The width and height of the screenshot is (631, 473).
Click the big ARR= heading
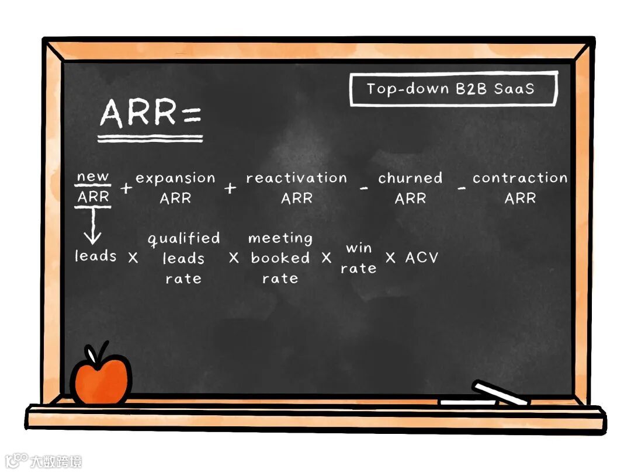[x=150, y=114]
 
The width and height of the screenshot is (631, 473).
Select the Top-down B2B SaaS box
[x=453, y=89]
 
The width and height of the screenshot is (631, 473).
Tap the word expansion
[x=175, y=178]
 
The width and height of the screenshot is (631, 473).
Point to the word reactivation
[x=296, y=178]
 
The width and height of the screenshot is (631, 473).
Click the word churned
[x=410, y=178]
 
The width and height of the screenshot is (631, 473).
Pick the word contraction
[x=519, y=178]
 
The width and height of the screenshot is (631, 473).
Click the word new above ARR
[x=93, y=176]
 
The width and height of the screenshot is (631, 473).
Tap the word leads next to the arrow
[x=95, y=256]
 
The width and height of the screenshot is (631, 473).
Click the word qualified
[x=183, y=238]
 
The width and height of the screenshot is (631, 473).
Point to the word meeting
[x=280, y=238]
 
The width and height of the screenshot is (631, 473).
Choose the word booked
[x=280, y=258]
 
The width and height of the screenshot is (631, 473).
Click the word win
[x=359, y=248]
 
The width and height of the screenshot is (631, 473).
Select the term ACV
[x=421, y=258]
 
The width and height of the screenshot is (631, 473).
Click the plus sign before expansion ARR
[x=125, y=188]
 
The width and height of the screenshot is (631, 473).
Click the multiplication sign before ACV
[x=390, y=258]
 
